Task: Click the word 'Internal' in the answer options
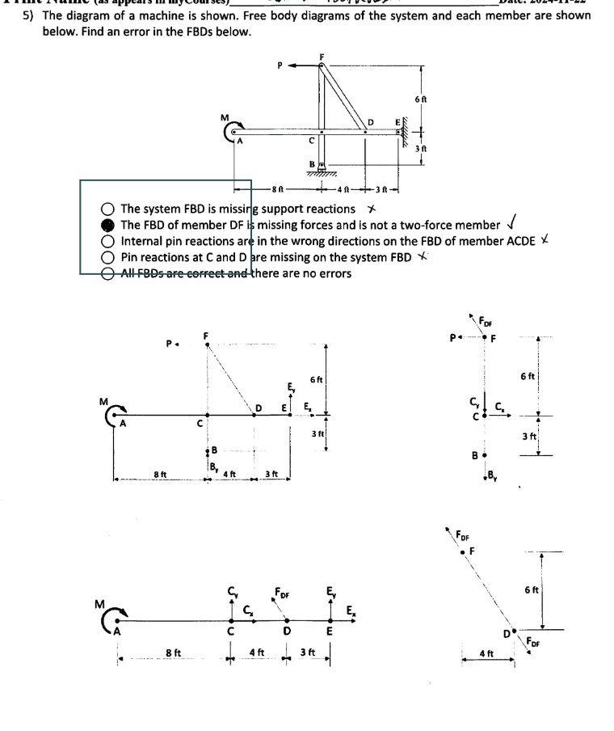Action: tap(143, 241)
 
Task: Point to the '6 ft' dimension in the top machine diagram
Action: tap(419, 96)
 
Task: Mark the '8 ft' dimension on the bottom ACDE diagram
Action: tap(173, 651)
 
